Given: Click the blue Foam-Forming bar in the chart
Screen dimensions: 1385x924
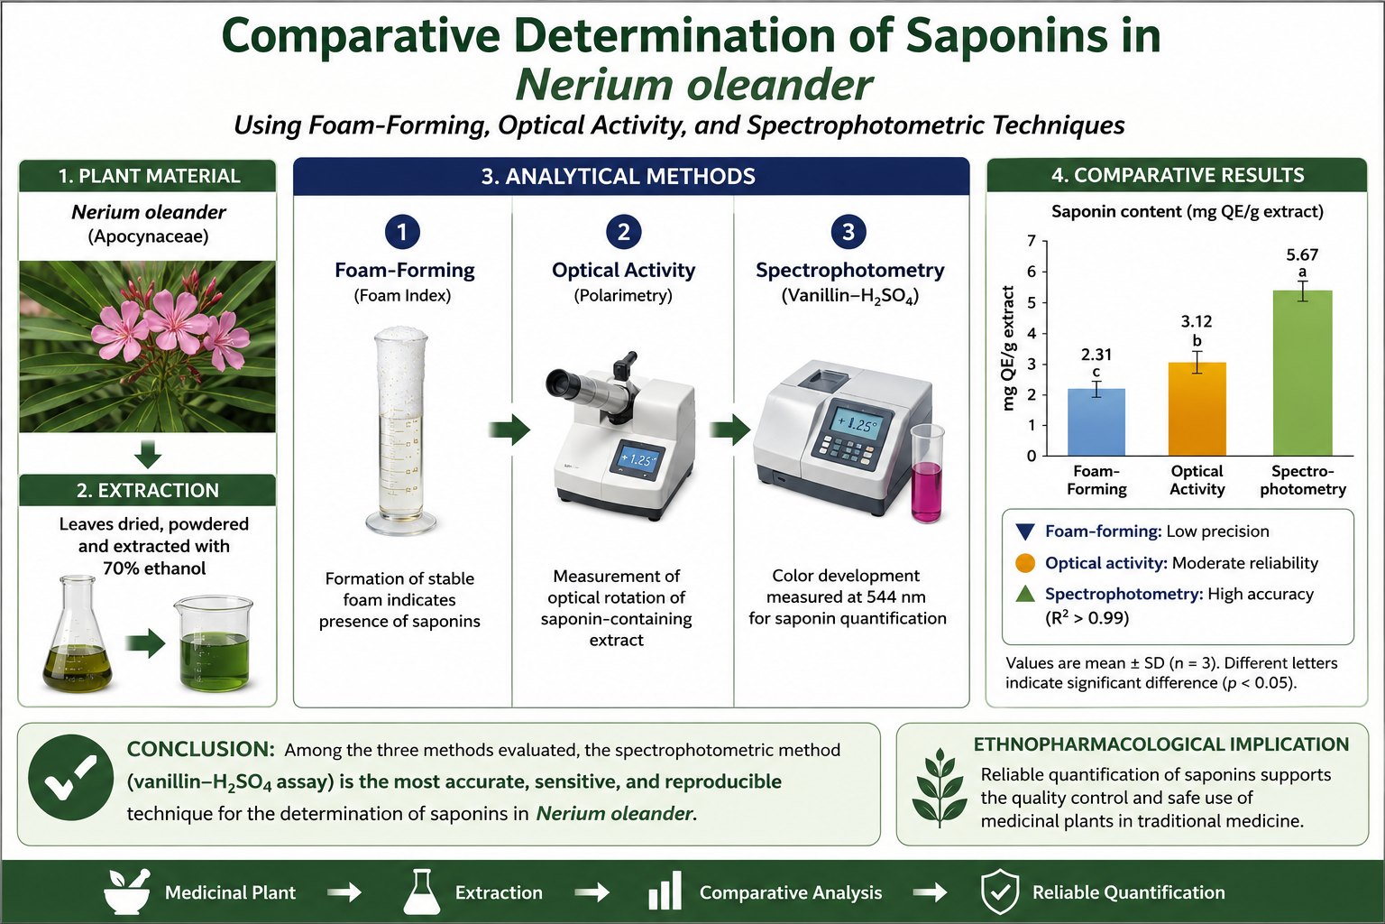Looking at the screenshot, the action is (x=1096, y=422).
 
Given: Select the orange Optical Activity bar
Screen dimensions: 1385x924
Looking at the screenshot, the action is (x=1197, y=409).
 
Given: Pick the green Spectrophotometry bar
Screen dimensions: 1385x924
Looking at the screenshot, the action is (x=1303, y=374).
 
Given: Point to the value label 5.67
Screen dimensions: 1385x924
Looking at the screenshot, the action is (x=1302, y=255).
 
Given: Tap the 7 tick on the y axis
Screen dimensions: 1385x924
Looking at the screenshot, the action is (x=1032, y=241).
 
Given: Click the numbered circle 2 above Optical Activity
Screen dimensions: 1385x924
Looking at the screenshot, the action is (x=624, y=232).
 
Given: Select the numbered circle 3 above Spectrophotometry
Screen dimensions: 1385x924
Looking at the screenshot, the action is (x=848, y=232).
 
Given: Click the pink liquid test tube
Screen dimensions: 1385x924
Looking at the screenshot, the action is (x=927, y=474).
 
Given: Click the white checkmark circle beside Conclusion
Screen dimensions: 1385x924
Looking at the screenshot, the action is (x=71, y=777).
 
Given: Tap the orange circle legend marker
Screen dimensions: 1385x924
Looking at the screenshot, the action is (x=1025, y=563).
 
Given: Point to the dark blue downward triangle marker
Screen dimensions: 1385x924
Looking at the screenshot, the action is (x=1025, y=531).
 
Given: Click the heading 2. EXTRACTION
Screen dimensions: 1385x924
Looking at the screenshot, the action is (x=148, y=490).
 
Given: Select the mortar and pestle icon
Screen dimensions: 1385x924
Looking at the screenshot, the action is (x=127, y=892).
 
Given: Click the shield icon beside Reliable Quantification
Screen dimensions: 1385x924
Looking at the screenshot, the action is (x=1000, y=892).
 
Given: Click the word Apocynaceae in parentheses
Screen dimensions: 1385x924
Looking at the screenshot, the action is (x=149, y=236).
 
